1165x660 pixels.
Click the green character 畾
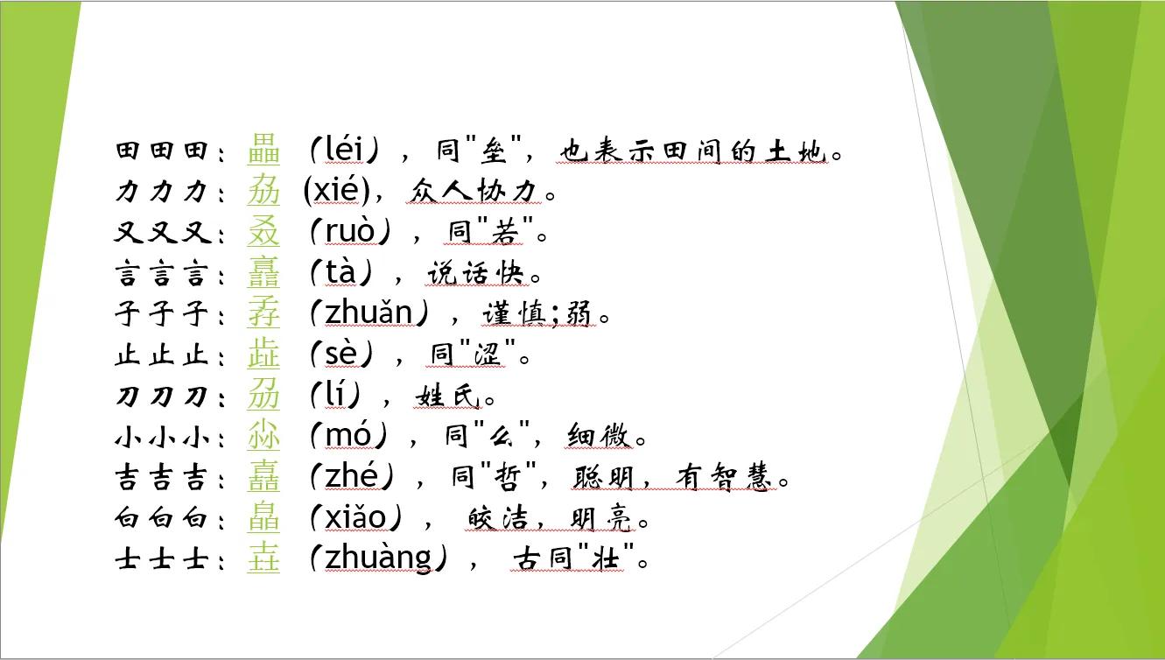click(263, 151)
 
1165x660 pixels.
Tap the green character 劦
click(263, 191)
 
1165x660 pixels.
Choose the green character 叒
click(263, 232)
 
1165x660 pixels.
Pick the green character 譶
click(263, 273)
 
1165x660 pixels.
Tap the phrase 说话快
click(476, 274)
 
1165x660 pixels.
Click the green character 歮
click(263, 355)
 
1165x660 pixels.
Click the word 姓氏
click(447, 397)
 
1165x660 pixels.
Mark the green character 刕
click(263, 396)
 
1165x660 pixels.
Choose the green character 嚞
click(263, 477)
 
